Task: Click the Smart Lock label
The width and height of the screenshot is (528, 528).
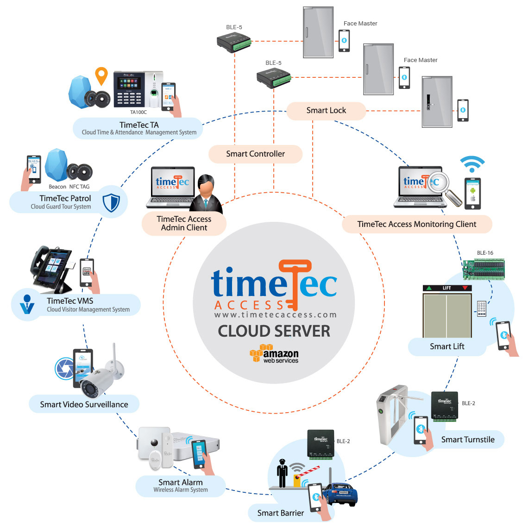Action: [326, 110]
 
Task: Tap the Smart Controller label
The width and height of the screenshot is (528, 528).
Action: [255, 154]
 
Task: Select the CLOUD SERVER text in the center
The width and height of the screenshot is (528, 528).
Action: [274, 331]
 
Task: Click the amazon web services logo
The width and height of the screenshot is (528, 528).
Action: [274, 354]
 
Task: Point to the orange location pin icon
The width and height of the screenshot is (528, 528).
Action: [101, 75]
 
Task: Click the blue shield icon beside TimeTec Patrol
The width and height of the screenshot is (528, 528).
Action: [111, 202]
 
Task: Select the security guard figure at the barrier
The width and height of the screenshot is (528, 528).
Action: [282, 473]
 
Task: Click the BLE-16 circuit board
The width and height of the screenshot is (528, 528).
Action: [484, 268]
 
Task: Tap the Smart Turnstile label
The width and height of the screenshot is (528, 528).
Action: [468, 440]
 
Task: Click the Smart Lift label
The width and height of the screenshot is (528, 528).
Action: [447, 346]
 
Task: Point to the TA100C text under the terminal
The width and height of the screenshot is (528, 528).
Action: [138, 112]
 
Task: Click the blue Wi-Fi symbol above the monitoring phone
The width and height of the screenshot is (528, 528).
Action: [472, 164]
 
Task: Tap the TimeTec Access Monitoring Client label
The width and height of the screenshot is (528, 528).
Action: [416, 224]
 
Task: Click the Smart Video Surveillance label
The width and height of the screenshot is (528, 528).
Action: [84, 404]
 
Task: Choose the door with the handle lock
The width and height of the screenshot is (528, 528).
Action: [436, 102]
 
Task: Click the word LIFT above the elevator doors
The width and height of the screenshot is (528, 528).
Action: [447, 288]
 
